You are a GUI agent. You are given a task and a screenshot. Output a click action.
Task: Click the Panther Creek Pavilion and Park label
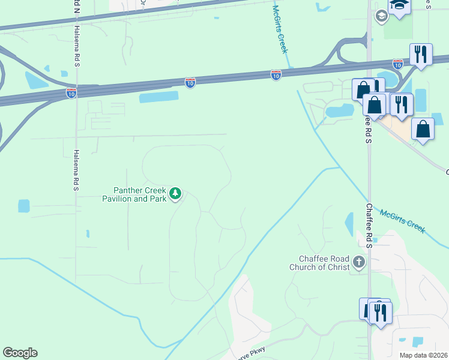133,194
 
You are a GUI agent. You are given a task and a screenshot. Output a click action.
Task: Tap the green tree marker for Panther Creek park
175,193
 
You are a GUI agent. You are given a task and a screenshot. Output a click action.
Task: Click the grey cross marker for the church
359,262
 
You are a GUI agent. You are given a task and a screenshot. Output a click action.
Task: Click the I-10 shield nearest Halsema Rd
71,94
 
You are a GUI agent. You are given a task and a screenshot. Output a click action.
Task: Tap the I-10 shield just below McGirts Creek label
276,75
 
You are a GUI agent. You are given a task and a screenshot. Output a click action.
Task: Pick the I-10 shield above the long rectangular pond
190,82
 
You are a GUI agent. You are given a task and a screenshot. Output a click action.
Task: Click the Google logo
20,353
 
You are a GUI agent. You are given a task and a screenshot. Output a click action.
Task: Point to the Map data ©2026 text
423,355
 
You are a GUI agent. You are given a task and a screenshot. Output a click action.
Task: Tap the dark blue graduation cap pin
399,5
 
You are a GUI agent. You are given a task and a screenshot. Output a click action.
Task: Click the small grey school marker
381,16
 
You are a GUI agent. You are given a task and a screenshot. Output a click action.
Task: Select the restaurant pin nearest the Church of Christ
381,313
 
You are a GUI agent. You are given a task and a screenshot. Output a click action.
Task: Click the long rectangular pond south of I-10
158,97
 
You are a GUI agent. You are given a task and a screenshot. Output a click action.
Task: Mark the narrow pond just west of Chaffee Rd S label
349,224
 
